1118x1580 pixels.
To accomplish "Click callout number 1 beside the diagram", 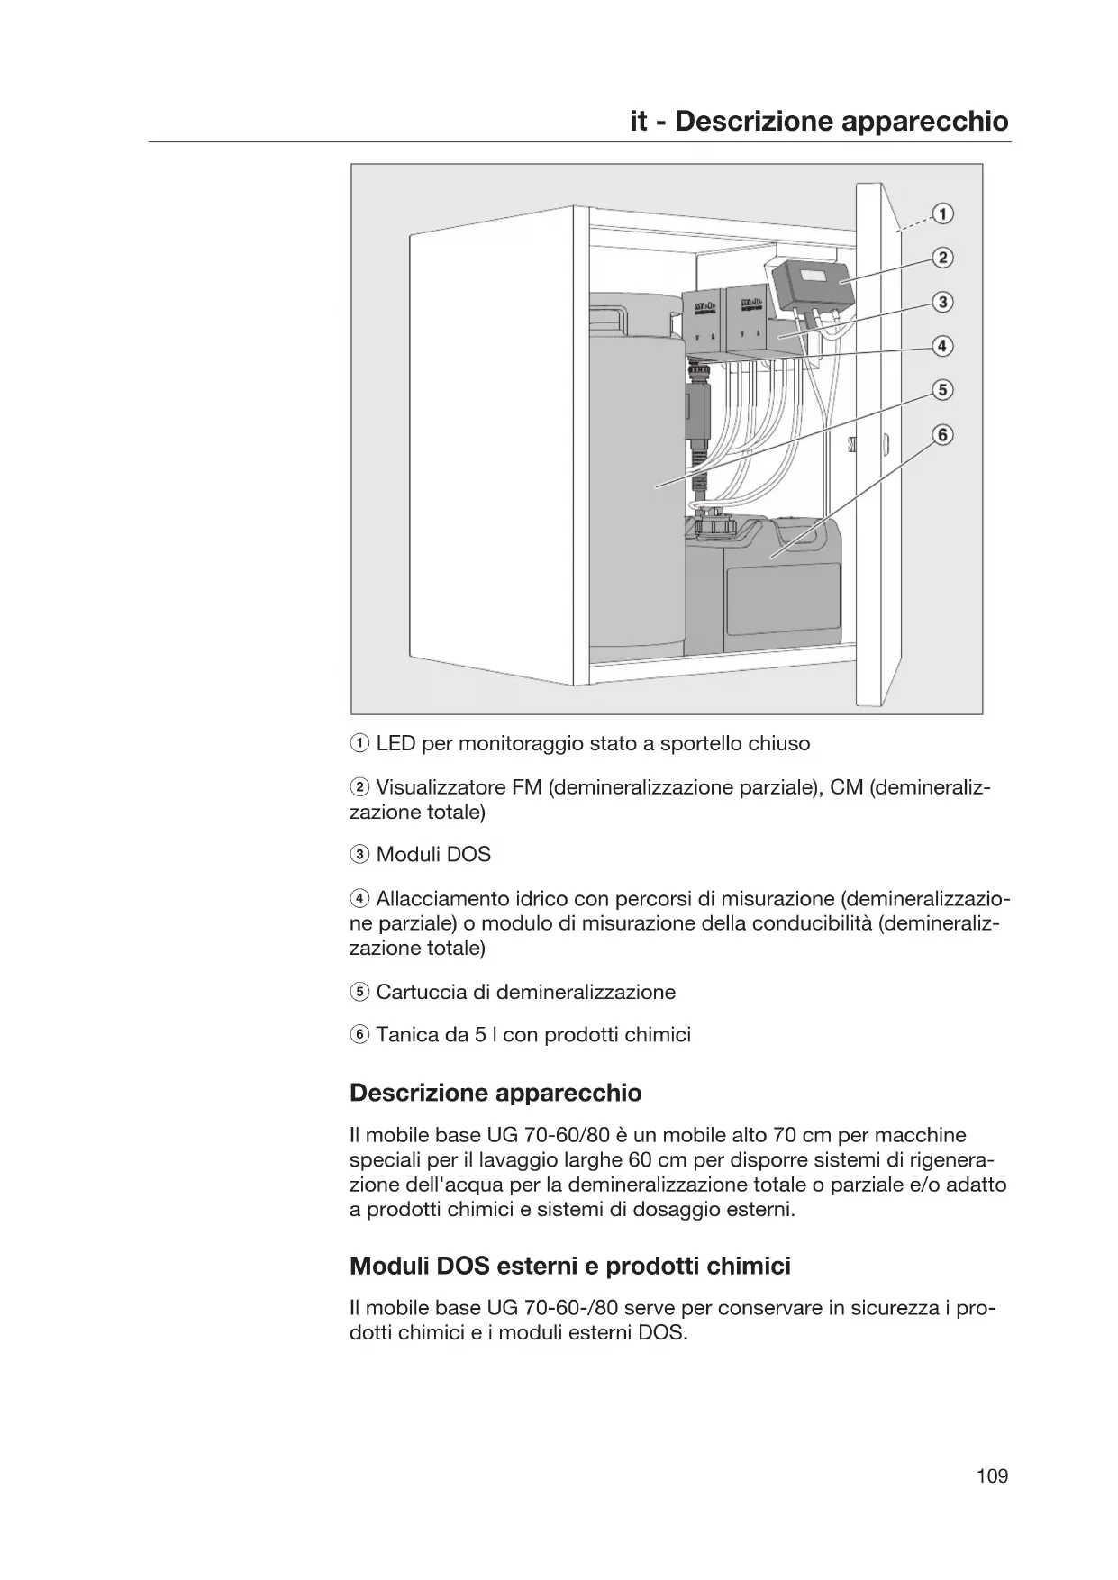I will (942, 214).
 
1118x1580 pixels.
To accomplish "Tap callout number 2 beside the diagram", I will (942, 259).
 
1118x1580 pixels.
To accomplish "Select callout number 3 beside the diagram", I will (942, 302).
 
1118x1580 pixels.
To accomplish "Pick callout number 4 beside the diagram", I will (942, 346).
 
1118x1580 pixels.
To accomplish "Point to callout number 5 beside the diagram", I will (942, 390).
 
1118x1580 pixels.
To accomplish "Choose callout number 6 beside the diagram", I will (942, 435).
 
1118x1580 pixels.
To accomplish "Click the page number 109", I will (992, 1476).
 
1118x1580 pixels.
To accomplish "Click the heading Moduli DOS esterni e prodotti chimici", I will (569, 1266).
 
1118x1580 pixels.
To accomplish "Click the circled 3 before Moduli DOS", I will (359, 855).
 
